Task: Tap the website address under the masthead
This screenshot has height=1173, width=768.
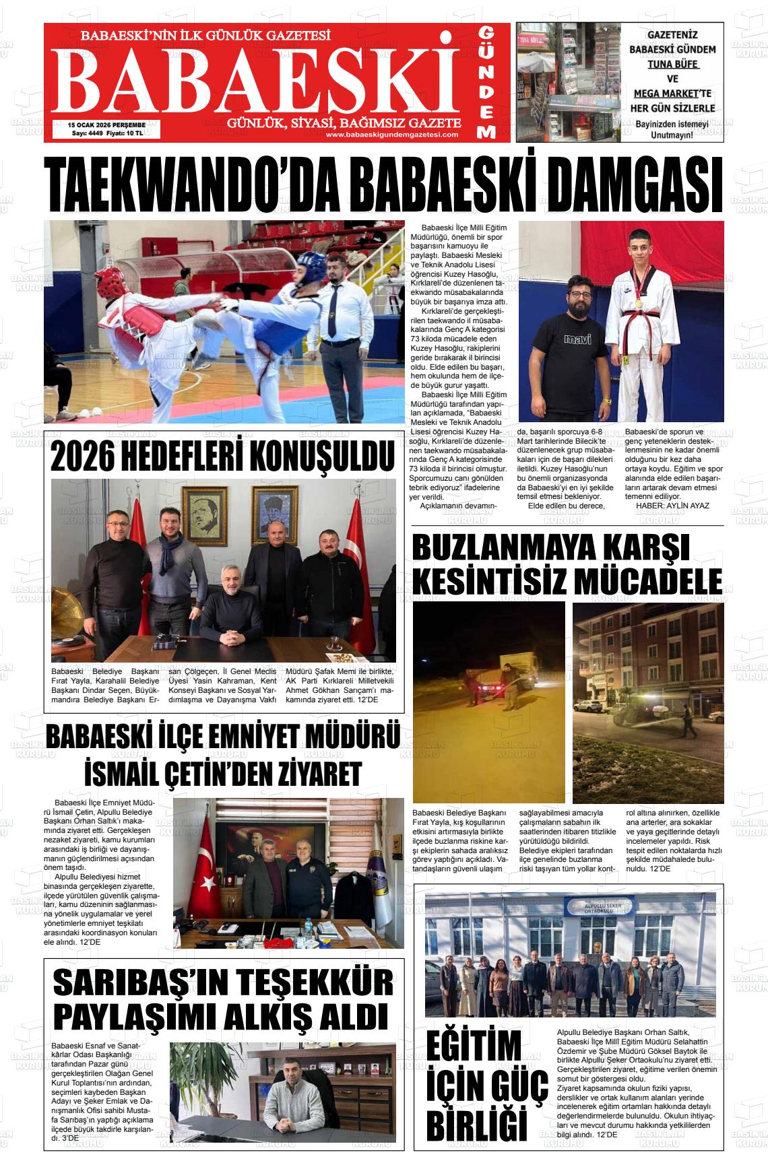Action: point(392,135)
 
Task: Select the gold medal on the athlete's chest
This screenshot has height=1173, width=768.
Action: point(638,303)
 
